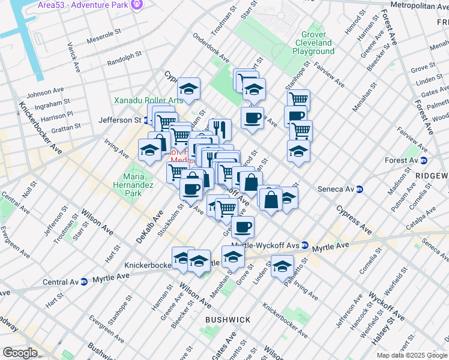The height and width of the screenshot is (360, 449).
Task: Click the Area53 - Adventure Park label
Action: [x=92, y=5]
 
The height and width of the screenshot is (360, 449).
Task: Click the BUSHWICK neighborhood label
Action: [x=228, y=320]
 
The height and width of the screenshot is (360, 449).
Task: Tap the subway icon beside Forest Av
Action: [x=424, y=160]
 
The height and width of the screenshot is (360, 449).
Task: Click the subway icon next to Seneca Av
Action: [x=360, y=189]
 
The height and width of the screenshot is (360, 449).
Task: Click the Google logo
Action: [x=20, y=353]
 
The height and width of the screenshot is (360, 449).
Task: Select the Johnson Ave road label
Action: [x=45, y=93]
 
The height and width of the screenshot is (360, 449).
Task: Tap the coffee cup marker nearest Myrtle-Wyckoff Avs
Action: [x=243, y=227]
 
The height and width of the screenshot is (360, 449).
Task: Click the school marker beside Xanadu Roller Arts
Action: [x=188, y=89]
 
